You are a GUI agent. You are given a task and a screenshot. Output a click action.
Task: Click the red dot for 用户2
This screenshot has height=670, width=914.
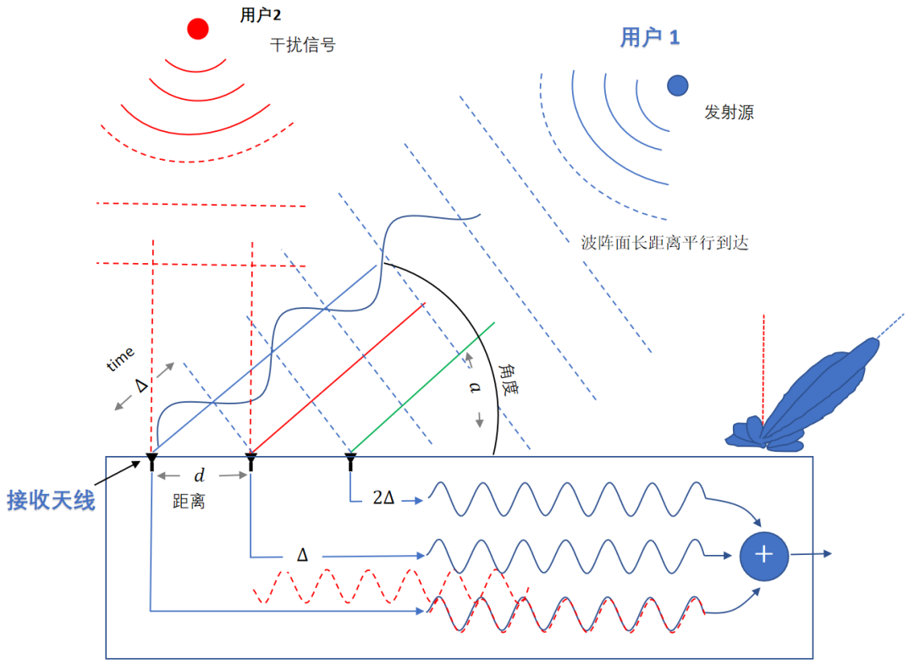click(198, 29)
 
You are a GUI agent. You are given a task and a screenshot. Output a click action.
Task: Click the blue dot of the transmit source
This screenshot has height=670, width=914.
click(677, 85)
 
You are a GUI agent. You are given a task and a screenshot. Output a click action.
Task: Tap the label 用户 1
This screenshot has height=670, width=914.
click(650, 38)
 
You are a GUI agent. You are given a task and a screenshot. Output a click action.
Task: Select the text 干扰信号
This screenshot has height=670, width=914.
click(302, 45)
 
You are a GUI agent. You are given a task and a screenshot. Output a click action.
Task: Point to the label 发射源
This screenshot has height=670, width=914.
click(728, 112)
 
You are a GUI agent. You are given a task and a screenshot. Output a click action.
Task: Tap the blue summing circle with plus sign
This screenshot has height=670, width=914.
click(764, 554)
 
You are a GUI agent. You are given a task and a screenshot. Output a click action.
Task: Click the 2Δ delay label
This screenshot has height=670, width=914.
click(383, 498)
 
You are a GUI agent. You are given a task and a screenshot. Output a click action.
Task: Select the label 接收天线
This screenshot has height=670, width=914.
click(51, 499)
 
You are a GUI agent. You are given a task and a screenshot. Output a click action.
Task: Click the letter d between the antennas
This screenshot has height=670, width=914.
click(200, 475)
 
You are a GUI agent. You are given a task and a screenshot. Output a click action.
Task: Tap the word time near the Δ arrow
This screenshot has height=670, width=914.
click(120, 363)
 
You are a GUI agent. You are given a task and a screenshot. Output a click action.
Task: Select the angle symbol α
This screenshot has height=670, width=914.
click(475, 387)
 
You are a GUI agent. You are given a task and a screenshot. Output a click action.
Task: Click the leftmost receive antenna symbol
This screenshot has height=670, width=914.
click(151, 461)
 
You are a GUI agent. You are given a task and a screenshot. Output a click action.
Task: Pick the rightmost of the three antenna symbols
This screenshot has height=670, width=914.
click(350, 461)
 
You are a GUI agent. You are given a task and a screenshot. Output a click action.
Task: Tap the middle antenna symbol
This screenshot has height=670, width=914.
click(251, 461)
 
